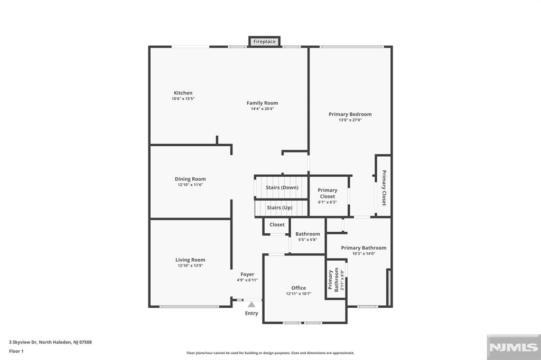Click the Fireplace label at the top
(264, 41)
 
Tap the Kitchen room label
(183, 93)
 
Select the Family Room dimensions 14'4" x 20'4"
(262, 109)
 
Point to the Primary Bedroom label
(350, 114)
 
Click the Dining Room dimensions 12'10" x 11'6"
(190, 185)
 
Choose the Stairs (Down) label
(282, 187)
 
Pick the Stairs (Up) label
(279, 207)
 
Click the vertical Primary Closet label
(384, 187)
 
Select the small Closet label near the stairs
(277, 224)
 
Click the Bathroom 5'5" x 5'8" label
(307, 234)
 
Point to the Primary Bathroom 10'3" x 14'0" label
(363, 248)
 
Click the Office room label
(299, 288)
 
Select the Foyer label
(247, 274)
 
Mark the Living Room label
(190, 260)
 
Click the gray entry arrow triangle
(251, 304)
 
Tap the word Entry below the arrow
(251, 313)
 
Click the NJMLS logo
(514, 347)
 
